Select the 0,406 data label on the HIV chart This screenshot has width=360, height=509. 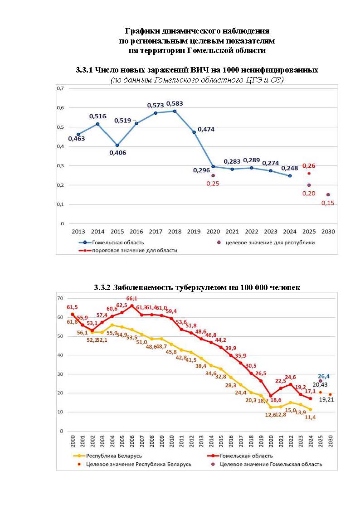117,153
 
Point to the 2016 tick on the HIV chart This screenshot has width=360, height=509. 136,232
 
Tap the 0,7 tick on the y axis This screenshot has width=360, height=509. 60,88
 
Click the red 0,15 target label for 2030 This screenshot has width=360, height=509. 328,203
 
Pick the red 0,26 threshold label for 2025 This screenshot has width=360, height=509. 309,166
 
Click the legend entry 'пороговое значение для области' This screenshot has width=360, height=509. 135,250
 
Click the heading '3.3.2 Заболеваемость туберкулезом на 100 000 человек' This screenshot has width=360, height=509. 197,287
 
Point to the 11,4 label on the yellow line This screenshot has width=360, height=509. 310,417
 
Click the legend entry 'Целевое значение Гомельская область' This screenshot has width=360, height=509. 271,464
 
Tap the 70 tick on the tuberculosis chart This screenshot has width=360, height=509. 59,298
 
